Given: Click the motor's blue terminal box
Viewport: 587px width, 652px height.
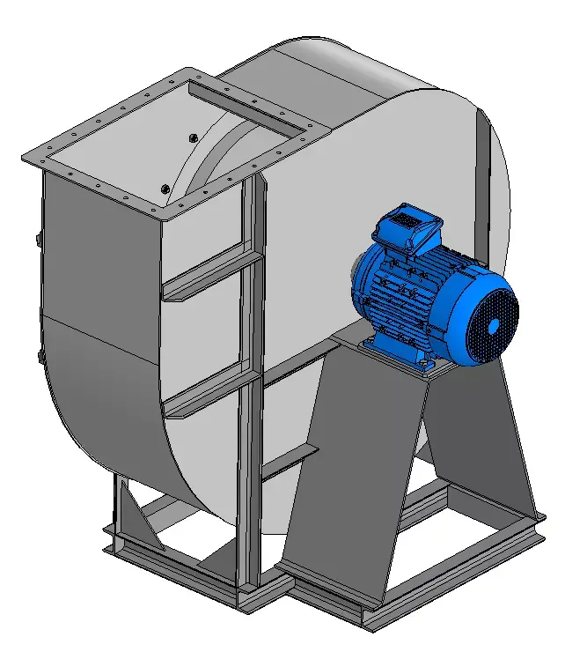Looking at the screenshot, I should [x=407, y=226].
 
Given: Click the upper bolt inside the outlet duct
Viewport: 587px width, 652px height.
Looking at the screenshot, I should [x=193, y=137].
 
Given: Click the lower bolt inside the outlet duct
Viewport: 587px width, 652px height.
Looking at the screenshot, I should [x=165, y=187].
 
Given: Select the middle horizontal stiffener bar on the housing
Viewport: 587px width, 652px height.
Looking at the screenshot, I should [x=211, y=393].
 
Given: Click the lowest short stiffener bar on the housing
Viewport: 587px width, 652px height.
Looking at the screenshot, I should [x=290, y=463].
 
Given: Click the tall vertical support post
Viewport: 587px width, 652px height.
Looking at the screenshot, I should [x=250, y=396].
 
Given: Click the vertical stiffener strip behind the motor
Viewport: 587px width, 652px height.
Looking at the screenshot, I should [x=482, y=176].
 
